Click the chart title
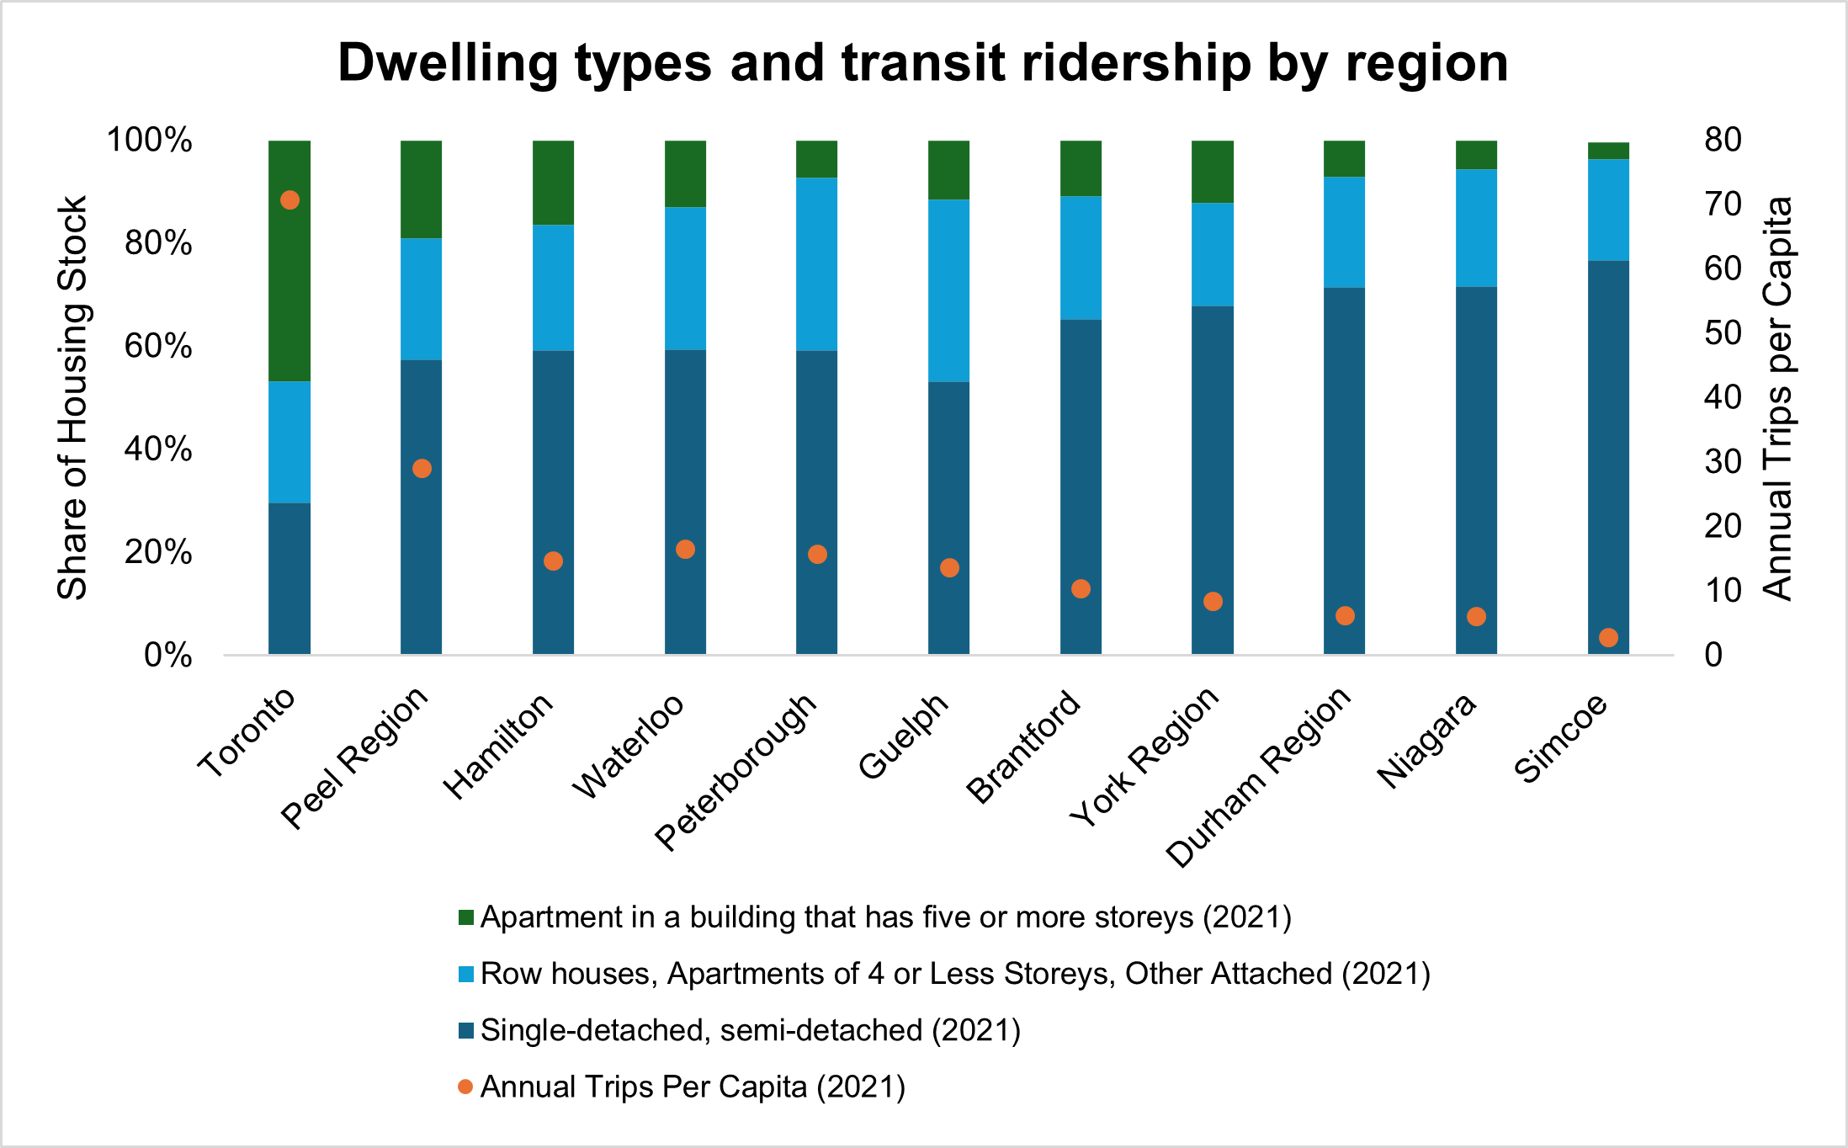tap(922, 63)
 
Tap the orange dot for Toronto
tap(289, 200)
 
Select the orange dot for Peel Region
tap(422, 469)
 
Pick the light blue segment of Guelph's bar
tap(948, 290)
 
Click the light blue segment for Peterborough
tap(816, 263)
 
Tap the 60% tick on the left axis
tap(157, 346)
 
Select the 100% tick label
tap(149, 140)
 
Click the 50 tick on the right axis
tap(1723, 333)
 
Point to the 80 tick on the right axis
tap(1723, 140)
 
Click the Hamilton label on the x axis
tap(499, 746)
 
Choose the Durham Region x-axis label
tap(1260, 776)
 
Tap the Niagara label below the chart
tap(1427, 741)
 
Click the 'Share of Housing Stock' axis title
tap(72, 397)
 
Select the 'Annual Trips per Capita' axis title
tap(1777, 397)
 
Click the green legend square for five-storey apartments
tap(466, 917)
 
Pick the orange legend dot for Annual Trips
tap(465, 1087)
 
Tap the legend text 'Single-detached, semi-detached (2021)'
tap(750, 1030)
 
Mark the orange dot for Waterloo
tap(685, 550)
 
